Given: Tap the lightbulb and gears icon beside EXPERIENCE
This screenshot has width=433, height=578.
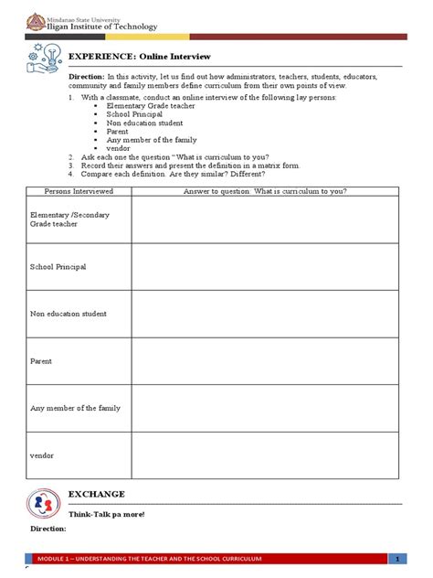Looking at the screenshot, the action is (43, 57).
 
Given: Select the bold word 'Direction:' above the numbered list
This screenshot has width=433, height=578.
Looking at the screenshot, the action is (87, 78).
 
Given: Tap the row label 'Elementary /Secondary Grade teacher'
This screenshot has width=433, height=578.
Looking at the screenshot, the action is (67, 219).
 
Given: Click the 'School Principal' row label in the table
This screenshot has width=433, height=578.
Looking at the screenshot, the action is (58, 266).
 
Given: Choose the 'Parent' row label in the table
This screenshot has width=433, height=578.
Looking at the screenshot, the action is (41, 361).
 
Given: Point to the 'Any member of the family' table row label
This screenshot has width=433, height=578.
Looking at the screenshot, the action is (75, 408).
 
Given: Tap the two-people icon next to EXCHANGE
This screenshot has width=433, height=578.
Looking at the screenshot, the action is (42, 504).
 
